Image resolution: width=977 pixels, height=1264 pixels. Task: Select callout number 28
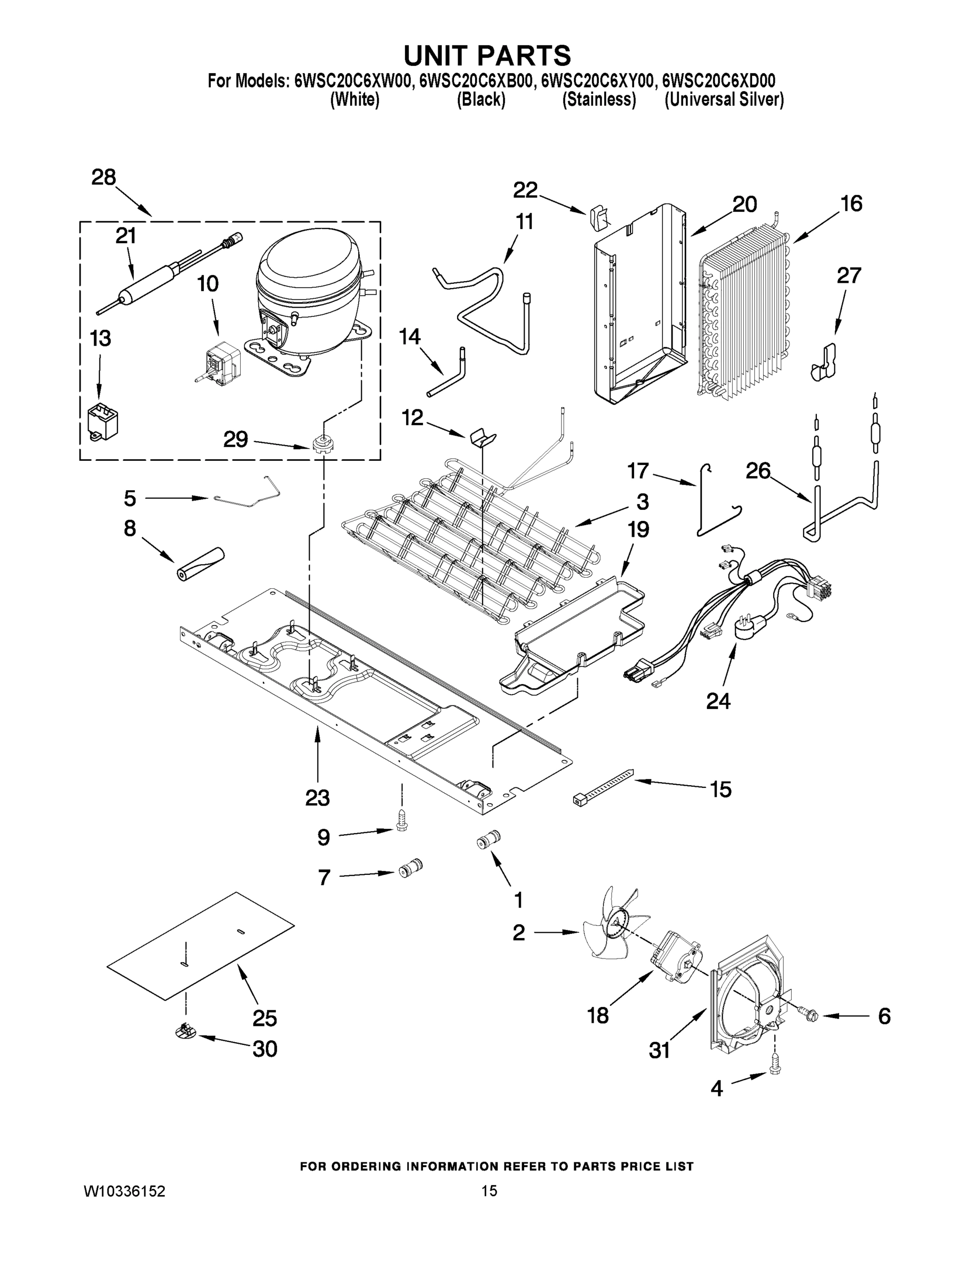(x=104, y=177)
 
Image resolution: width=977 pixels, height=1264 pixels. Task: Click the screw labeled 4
(x=775, y=1078)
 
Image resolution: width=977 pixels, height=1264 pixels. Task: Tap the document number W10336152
(x=125, y=1191)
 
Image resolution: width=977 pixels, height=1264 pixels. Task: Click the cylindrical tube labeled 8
(x=200, y=564)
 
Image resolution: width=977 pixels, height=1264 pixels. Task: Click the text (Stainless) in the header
(x=599, y=100)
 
